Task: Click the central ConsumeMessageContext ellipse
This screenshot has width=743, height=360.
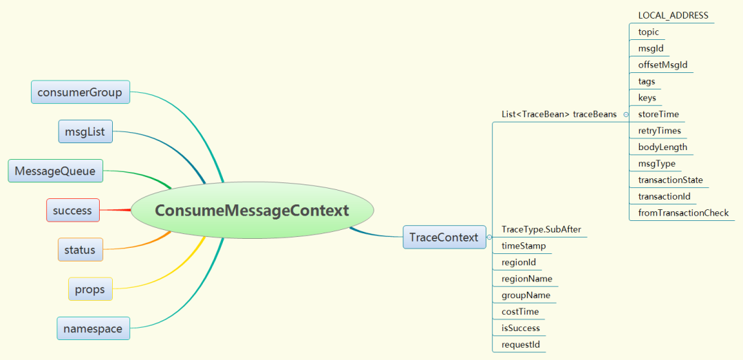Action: (x=252, y=210)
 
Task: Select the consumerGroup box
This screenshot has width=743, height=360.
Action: (x=80, y=92)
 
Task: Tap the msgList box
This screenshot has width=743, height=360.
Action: (x=86, y=131)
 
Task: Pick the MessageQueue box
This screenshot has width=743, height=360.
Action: (x=56, y=171)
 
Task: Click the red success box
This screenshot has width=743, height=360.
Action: (x=73, y=210)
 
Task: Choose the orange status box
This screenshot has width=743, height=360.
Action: (x=80, y=249)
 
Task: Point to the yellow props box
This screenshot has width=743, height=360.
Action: (x=91, y=289)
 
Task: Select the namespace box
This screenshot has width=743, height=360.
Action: (x=94, y=328)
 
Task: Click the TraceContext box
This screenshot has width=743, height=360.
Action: (x=444, y=237)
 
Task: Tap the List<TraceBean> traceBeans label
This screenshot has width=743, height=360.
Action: (x=559, y=114)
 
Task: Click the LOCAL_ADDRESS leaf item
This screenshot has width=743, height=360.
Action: (x=674, y=16)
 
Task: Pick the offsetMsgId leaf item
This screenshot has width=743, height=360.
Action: (x=663, y=65)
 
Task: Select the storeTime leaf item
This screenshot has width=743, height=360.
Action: (x=658, y=114)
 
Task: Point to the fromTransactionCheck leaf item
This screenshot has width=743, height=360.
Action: (x=683, y=213)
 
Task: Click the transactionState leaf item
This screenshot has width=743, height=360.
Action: (x=671, y=180)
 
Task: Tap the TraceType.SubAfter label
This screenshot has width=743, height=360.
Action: (x=541, y=230)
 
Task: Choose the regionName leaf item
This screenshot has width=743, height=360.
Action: (x=527, y=278)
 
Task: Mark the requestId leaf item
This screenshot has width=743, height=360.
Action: (x=521, y=344)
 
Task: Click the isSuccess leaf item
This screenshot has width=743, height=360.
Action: (x=521, y=328)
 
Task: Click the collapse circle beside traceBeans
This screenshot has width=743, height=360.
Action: (x=626, y=115)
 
